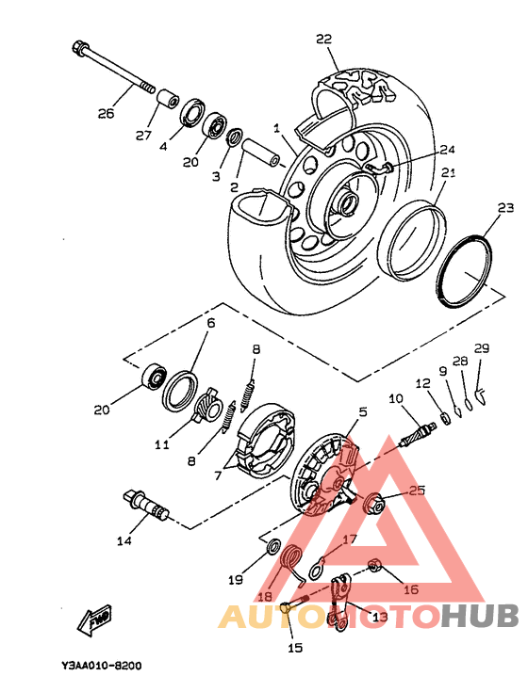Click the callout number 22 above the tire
tap(323, 39)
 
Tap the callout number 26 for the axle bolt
tap(106, 113)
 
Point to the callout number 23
tap(505, 208)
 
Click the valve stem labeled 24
tap(379, 168)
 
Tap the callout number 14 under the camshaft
tap(124, 540)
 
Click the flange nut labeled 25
tap(372, 502)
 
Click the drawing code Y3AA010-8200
tap(101, 666)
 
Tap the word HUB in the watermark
tap(480, 616)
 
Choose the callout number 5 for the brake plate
tap(363, 411)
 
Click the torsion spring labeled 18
tap(293, 565)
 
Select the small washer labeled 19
tap(273, 546)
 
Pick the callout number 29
tap(482, 348)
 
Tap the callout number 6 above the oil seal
tap(210, 323)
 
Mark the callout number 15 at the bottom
tap(295, 648)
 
